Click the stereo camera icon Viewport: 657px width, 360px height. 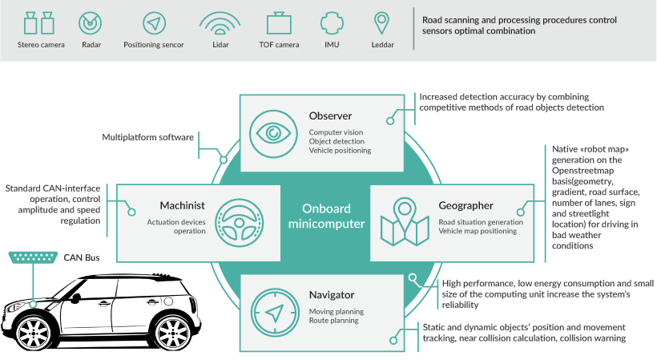tap(38, 23)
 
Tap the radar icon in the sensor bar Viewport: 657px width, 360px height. tap(91, 23)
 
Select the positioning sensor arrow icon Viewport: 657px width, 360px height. tap(153, 23)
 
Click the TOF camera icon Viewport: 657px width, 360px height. tap(278, 23)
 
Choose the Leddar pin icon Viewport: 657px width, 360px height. tap(383, 22)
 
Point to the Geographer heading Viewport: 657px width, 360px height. tap(466, 205)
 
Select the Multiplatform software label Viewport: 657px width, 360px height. tap(147, 137)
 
